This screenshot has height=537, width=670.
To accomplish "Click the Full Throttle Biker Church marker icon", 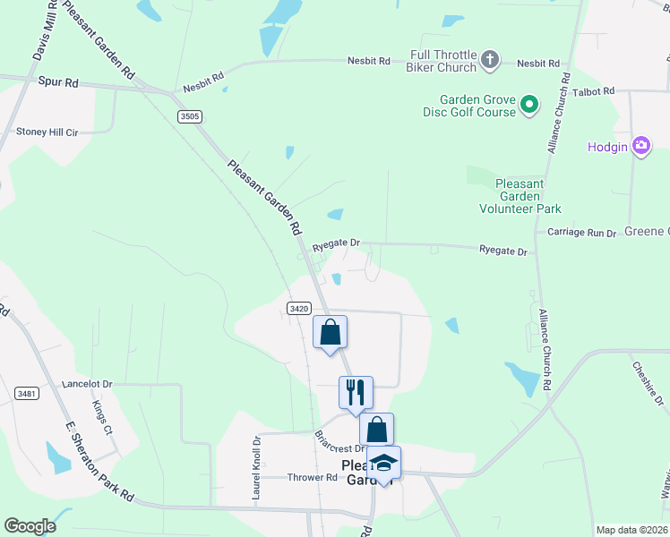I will (489, 61).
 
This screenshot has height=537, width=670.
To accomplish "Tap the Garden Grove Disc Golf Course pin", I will (529, 106).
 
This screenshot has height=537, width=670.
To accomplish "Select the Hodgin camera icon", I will (640, 146).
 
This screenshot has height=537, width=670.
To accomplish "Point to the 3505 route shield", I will (189, 116).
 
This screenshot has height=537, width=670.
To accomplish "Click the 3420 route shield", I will (299, 308).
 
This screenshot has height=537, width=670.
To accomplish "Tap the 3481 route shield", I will (27, 393).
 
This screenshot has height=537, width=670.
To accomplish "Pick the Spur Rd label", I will (58, 82).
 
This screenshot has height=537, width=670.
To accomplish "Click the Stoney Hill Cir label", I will (47, 132).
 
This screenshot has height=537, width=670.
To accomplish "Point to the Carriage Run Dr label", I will (582, 233).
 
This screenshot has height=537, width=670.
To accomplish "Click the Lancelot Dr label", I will (87, 384).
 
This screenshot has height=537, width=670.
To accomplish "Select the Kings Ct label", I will (102, 417).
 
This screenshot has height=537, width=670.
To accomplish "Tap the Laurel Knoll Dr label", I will (256, 467).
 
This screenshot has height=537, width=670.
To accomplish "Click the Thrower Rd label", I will (312, 477).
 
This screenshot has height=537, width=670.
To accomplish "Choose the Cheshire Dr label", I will (647, 383).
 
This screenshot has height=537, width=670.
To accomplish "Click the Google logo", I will (30, 526).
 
